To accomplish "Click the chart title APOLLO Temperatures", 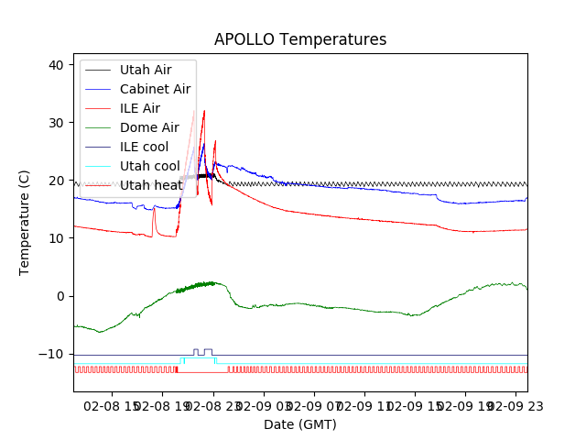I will click(300, 39).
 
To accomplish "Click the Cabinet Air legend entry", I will click(155, 89).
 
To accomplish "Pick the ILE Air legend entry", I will click(146, 108).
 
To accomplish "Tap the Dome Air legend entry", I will click(149, 127).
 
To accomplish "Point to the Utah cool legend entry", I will click(150, 166).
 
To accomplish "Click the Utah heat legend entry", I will click(150, 185).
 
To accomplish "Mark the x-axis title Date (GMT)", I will click(300, 424).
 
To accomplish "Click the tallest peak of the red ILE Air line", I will click(204, 111).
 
